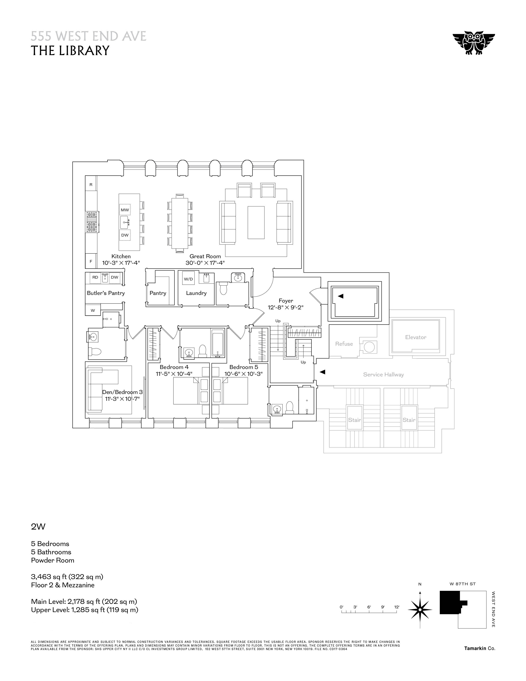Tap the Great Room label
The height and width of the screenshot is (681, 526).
click(x=205, y=256)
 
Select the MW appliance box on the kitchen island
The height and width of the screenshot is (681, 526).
click(x=125, y=210)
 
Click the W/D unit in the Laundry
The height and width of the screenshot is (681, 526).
click(x=188, y=279)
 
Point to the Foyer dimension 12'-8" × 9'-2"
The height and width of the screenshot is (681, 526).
click(x=285, y=307)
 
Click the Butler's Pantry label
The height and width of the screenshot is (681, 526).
click(x=106, y=293)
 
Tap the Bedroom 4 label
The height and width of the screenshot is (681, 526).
click(x=174, y=367)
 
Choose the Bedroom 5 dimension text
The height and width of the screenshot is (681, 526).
click(x=243, y=374)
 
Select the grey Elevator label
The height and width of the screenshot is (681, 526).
click(x=416, y=337)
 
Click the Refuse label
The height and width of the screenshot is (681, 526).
click(x=344, y=344)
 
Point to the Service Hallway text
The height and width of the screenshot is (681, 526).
click(x=383, y=375)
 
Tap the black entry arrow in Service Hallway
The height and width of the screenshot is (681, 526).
click(x=323, y=372)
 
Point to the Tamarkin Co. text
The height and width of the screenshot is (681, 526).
click(x=480, y=648)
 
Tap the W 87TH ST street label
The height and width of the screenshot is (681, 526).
click(x=462, y=584)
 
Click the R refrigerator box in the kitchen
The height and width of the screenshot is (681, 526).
click(x=91, y=185)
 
